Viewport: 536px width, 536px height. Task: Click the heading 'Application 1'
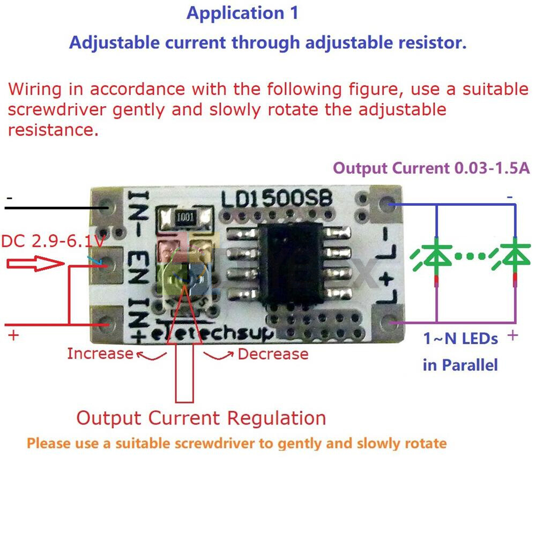[x=242, y=13]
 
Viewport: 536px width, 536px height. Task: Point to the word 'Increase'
[x=100, y=354]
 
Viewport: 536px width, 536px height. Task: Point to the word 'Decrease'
[x=273, y=354]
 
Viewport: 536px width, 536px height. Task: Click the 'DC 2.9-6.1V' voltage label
[x=52, y=242]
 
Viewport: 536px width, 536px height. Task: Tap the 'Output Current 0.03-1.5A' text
[x=431, y=168]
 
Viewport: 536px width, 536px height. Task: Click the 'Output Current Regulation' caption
[x=201, y=418]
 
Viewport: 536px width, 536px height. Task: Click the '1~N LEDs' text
[x=460, y=339]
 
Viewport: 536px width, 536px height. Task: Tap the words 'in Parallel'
[x=460, y=366]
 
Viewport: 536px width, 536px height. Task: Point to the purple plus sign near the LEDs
[x=512, y=336]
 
